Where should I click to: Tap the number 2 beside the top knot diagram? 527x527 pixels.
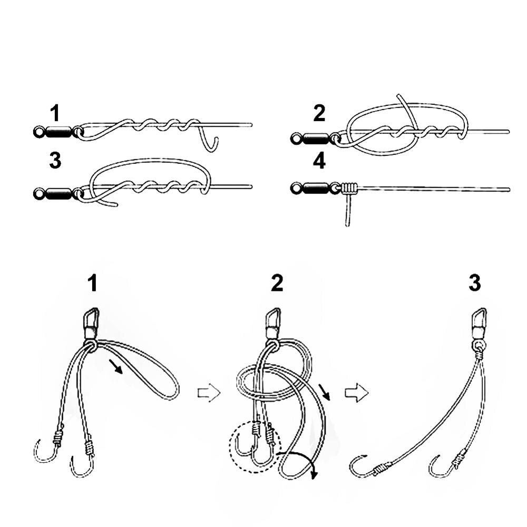pyautogui.click(x=319, y=113)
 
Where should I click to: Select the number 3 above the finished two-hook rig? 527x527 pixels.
pyautogui.click(x=474, y=284)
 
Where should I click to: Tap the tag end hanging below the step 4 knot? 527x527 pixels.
pyautogui.click(x=347, y=211)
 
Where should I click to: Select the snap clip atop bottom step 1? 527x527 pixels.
pyautogui.click(x=91, y=321)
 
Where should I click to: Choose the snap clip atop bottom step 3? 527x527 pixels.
pyautogui.click(x=478, y=321)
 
